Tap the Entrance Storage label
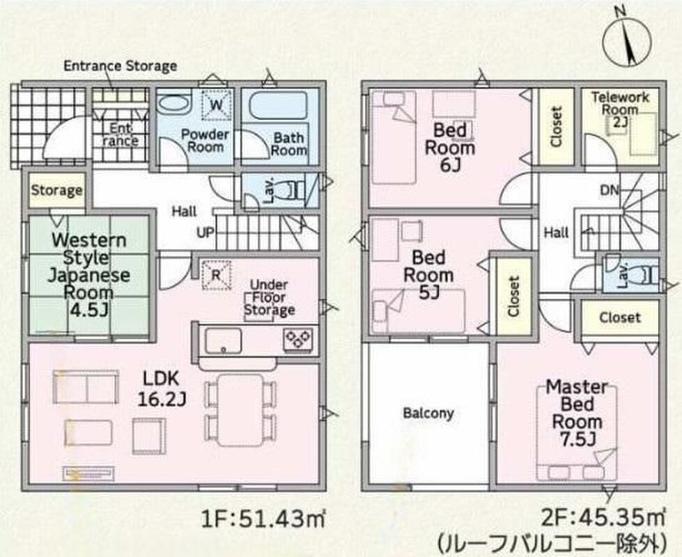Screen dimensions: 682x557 click(120, 66)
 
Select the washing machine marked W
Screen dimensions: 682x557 click(216, 104)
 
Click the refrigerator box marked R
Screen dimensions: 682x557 click(216, 274)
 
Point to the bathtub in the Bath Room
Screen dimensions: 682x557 click(279, 107)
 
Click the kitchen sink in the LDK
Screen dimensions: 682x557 click(223, 341)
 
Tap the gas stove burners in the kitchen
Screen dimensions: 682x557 click(298, 338)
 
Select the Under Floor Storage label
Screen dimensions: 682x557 click(269, 298)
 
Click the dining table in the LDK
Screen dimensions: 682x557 click(240, 409)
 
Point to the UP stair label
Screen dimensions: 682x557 click(206, 233)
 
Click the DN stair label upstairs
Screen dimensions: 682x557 click(610, 191)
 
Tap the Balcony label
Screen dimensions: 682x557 click(428, 413)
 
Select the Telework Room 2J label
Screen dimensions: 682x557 click(620, 109)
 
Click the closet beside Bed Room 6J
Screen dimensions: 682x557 click(557, 127)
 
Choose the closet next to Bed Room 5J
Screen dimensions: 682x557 click(513, 296)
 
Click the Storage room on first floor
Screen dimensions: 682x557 click(56, 190)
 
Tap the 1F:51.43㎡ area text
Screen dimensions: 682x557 click(263, 519)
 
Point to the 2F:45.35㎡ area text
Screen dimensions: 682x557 click(603, 518)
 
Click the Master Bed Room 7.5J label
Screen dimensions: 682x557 click(577, 413)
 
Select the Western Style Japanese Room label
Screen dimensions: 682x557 click(88, 275)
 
